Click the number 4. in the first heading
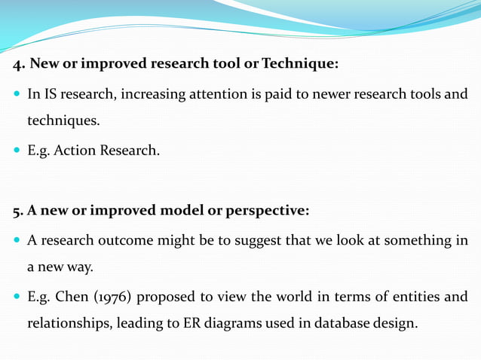(x=19, y=64)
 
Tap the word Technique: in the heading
(x=300, y=64)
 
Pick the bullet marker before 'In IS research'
(x=16, y=95)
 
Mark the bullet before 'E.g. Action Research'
(x=16, y=151)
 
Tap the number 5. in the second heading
(x=18, y=211)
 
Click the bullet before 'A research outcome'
(x=16, y=241)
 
